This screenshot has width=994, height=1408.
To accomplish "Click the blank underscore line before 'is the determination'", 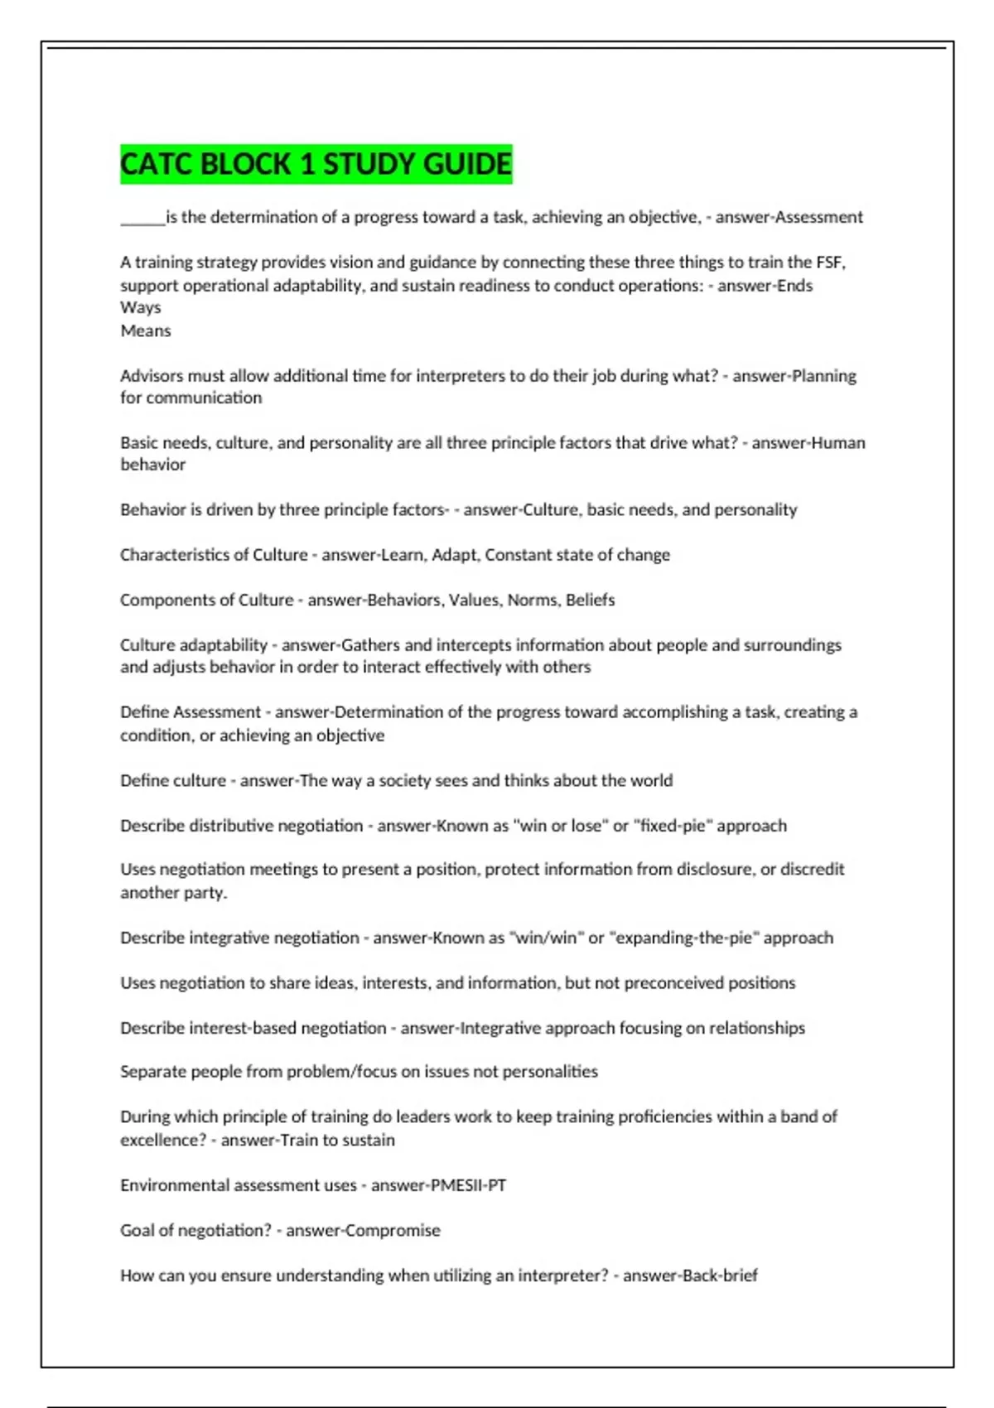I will click(x=142, y=219).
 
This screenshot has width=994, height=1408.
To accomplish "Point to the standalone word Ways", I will click(x=141, y=307).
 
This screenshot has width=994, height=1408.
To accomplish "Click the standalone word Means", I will click(x=146, y=330).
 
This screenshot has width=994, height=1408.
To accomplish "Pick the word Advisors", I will click(x=152, y=376).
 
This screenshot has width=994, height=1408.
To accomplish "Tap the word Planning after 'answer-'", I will click(x=824, y=376).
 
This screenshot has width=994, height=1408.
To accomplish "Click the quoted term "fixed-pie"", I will click(x=672, y=826).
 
